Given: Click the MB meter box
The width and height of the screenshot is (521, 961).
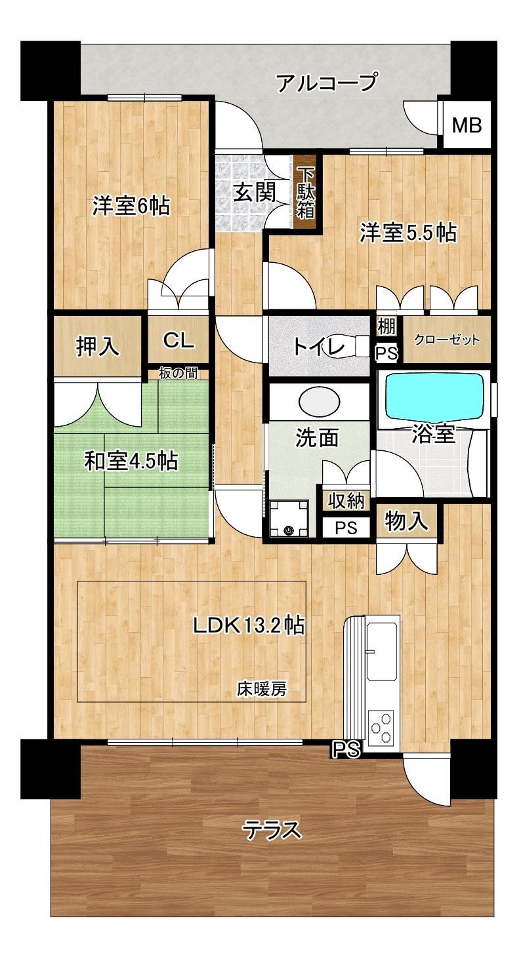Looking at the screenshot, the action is click(466, 125).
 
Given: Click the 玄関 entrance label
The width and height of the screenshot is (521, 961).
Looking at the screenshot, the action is click(255, 193).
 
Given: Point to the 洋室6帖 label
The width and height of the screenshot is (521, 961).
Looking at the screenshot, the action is click(131, 206).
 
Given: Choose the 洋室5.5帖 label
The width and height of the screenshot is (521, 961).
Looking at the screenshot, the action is click(407, 233).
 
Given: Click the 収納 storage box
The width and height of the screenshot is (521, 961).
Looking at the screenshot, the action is click(346, 500).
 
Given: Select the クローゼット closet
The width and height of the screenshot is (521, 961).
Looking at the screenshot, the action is click(447, 340).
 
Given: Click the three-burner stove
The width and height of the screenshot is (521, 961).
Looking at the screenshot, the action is click(381, 727).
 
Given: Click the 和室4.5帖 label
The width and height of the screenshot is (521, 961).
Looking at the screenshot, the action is click(131, 461).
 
